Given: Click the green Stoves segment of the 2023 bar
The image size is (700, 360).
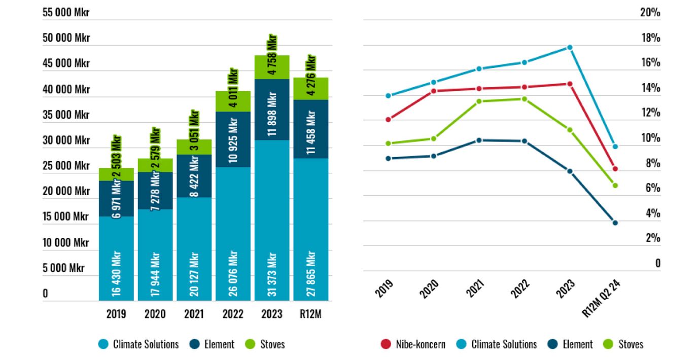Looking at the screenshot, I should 272,67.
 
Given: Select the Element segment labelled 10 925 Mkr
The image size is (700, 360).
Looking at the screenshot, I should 233,139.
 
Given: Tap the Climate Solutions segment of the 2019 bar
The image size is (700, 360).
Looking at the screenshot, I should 116,259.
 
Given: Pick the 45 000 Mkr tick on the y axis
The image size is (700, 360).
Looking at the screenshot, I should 66,63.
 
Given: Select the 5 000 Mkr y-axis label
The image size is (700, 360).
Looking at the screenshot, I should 63,268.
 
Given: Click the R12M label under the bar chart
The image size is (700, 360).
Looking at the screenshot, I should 311,314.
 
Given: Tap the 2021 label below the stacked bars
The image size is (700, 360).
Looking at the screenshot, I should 194,314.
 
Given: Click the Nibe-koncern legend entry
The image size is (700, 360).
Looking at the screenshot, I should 413,344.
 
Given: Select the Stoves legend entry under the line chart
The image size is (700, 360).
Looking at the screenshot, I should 623,344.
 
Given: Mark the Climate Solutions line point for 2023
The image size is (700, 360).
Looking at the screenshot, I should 570,47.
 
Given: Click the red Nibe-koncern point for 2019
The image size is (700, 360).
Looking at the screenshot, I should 389,120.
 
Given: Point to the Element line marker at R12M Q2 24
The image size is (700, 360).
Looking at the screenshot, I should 615,223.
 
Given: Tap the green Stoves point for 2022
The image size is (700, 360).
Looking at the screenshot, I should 524,99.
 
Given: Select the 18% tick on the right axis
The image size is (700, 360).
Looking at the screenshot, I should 650,38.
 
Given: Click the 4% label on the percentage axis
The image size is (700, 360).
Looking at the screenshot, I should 653,213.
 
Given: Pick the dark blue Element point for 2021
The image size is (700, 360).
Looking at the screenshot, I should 479,140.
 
